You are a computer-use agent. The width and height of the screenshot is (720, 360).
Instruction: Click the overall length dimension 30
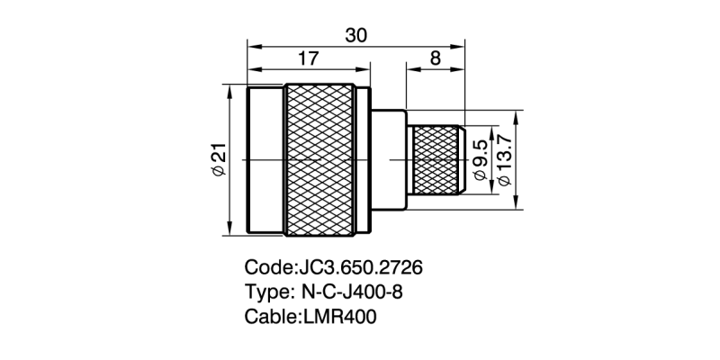[356, 34]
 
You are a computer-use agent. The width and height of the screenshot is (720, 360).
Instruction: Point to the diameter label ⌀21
[219, 159]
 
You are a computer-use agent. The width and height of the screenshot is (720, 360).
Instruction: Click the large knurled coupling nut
[321, 160]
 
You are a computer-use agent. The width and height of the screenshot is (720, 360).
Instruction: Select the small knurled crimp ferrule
[438, 159]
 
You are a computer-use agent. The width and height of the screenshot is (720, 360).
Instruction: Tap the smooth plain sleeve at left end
[266, 160]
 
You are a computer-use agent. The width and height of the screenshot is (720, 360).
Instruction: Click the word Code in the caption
[268, 269]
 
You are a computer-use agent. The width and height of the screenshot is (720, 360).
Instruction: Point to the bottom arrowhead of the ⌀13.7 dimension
[517, 204]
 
